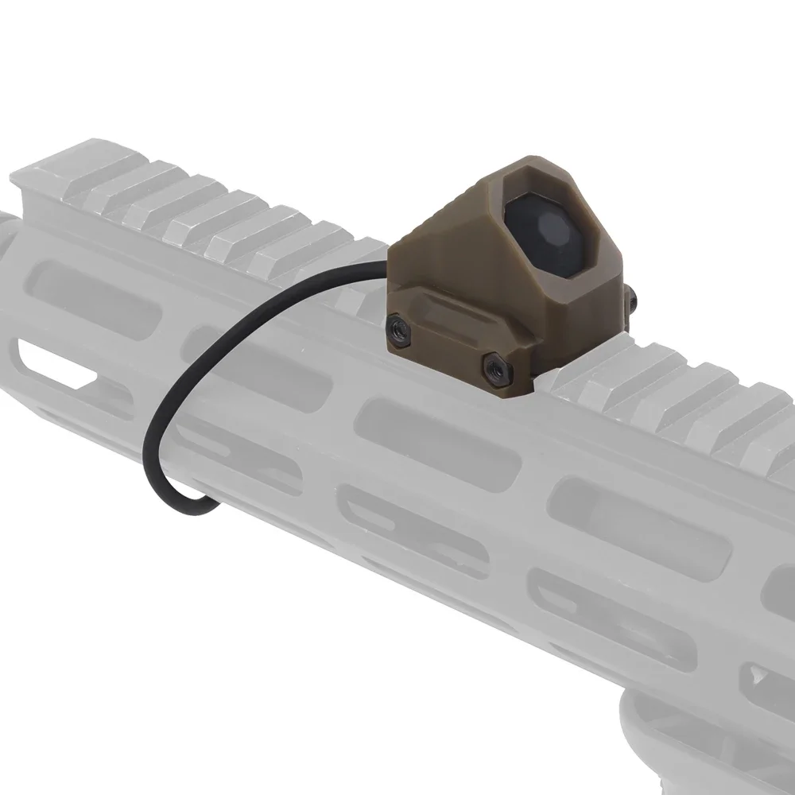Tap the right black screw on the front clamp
point(495,367)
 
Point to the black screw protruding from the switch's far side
point(630,299)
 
